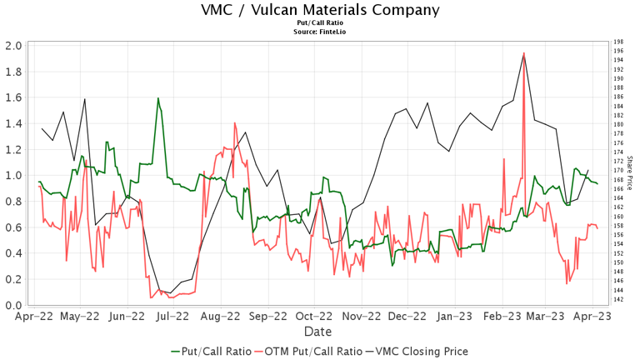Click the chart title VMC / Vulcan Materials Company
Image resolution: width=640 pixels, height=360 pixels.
point(320,10)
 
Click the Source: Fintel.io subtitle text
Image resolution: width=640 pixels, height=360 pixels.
point(320,31)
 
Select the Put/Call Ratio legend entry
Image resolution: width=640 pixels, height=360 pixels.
point(211,351)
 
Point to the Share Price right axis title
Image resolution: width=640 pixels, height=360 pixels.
point(630,170)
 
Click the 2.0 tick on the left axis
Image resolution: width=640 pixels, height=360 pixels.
point(12,46)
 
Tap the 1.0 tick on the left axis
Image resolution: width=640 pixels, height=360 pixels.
point(12,176)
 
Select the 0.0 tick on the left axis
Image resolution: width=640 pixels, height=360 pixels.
point(12,306)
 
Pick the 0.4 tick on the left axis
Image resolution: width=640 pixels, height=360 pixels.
point(12,253)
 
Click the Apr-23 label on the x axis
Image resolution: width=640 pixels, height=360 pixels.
point(593,317)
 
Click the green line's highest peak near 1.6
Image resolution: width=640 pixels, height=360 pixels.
point(157,98)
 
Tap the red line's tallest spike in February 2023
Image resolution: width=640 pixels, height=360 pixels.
point(523,53)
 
